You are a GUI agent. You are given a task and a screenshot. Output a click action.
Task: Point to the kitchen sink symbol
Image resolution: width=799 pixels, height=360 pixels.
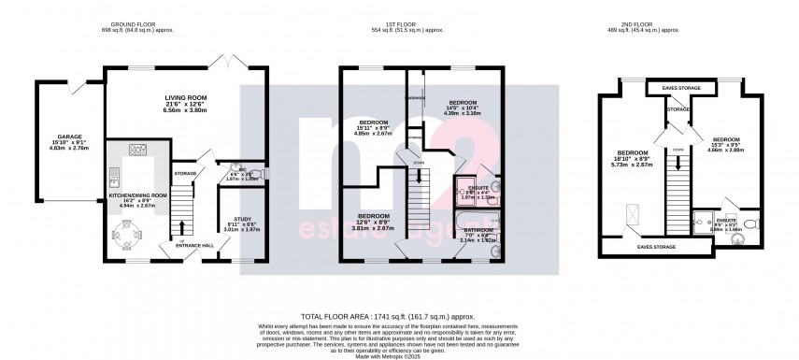tap(115, 175)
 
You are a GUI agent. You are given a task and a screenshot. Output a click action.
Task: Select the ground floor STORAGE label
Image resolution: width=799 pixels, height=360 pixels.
tap(185, 174)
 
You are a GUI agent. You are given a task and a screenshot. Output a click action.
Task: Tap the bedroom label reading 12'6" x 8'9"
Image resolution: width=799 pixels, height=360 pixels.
tap(373, 221)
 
